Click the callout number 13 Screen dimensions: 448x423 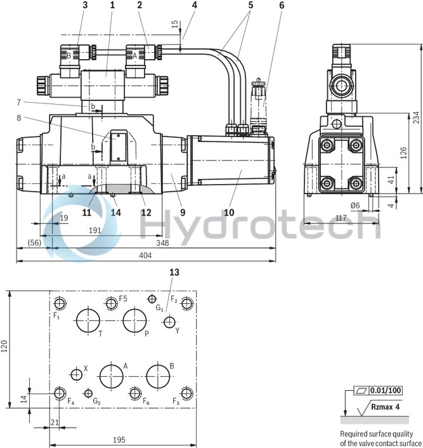click(174, 272)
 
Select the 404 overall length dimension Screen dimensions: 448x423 click(146, 255)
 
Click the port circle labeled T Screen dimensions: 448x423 click(88, 320)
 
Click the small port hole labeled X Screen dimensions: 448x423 click(77, 375)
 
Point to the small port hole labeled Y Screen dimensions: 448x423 click(169, 323)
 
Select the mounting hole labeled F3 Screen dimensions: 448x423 click(186, 393)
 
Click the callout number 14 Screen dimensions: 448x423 click(115, 213)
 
